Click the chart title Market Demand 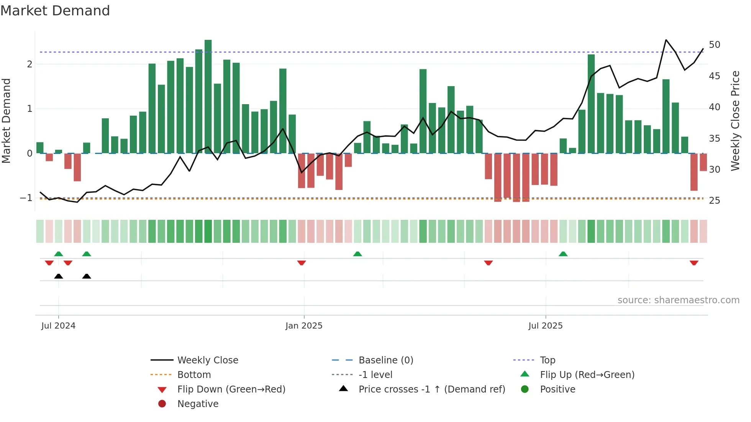55,11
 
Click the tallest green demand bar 208,96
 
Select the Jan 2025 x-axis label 304,326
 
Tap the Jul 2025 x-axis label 545,326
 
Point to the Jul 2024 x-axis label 58,326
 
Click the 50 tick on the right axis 714,45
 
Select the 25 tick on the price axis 714,201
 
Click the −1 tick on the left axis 26,198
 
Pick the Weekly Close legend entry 207,360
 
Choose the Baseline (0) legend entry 385,360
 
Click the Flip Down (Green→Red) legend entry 231,389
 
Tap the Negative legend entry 198,404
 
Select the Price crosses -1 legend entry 431,389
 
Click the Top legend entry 547,360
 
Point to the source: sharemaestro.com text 678,300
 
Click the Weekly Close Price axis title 735,121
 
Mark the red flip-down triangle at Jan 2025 302,263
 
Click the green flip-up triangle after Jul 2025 563,254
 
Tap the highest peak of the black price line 666,40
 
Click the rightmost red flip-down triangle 694,263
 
